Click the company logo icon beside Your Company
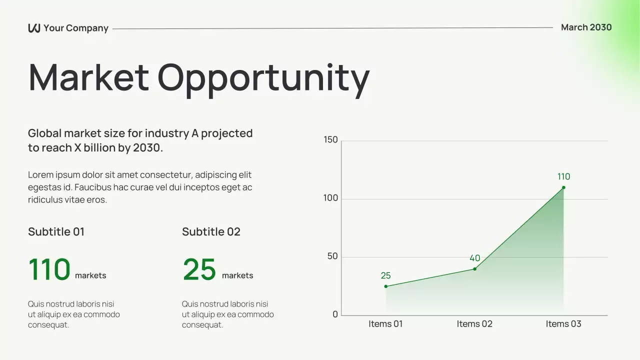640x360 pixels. tap(34, 28)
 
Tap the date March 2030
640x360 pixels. tap(586, 27)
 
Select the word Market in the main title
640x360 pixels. tap(88, 77)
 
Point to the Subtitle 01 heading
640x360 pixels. tap(56, 232)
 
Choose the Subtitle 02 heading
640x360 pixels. tap(211, 232)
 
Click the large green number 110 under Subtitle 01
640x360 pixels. tap(49, 270)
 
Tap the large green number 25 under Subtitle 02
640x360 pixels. tap(199, 270)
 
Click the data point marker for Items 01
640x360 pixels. tap(385, 286)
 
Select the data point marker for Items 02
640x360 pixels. tap(474, 269)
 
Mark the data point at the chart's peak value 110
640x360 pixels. tap(563, 187)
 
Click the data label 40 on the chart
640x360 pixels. tap(474, 258)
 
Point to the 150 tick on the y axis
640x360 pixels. tap(330, 140)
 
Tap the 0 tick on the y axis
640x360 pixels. tap(335, 314)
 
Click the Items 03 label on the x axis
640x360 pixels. tap(563, 324)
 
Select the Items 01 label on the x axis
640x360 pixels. tap(385, 324)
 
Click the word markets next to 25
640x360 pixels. tap(237, 275)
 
